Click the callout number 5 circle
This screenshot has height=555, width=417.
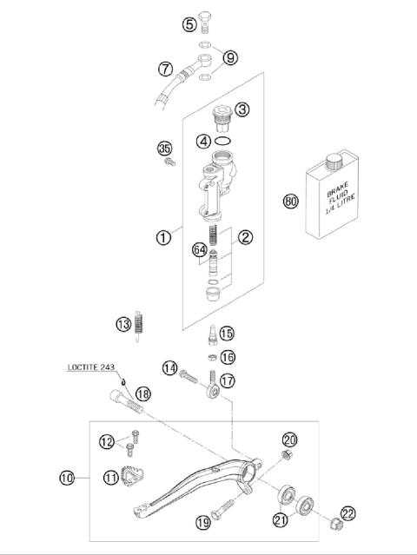(189, 24)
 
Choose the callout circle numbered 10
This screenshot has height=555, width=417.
(68, 476)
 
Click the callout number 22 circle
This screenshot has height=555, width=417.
(348, 514)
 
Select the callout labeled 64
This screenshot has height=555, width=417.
(199, 251)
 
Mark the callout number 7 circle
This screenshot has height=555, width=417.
(165, 68)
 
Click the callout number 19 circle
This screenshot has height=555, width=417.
(202, 522)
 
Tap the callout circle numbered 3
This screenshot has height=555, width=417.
(242, 109)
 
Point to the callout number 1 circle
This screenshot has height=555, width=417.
(163, 237)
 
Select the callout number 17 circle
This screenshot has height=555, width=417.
(228, 380)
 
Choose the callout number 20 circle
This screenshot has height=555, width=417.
(290, 439)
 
